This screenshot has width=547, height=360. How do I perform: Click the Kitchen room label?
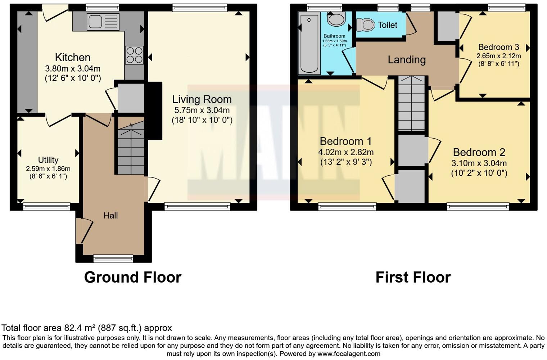pos(72,58)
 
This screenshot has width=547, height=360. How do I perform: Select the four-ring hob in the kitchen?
pos(134,55)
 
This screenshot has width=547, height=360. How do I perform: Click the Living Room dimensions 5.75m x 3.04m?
pos(202,110)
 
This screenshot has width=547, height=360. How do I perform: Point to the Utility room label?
pos(48,160)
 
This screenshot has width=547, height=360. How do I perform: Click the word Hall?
pos(110,216)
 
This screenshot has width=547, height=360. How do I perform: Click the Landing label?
pos(407,60)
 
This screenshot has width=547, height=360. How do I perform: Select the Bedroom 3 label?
pos(498,47)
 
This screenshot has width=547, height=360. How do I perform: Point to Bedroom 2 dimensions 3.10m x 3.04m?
pos(479,163)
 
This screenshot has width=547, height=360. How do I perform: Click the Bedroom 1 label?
pos(345,141)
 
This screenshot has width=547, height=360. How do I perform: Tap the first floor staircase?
pos(412,104)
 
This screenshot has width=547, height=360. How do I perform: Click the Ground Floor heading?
pos(132,277)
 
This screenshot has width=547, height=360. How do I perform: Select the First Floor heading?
pos(413,277)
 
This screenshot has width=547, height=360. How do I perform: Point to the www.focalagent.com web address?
pos(349,354)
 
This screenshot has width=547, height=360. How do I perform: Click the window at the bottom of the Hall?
pos(113,258)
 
